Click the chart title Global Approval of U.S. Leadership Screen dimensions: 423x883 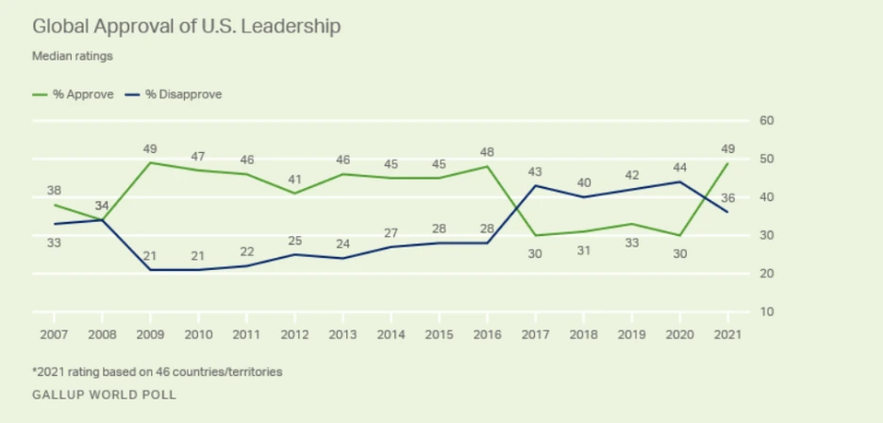pyautogui.click(x=187, y=26)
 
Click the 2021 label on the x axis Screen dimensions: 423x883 pyautogui.click(x=726, y=335)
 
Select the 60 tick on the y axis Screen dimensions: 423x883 pyautogui.click(x=767, y=121)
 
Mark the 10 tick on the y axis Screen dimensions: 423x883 pyautogui.click(x=767, y=312)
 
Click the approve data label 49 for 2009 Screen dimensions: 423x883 pyautogui.click(x=150, y=149)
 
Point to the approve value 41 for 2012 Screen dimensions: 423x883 pyautogui.click(x=295, y=178)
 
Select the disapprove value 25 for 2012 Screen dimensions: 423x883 pyautogui.click(x=295, y=240)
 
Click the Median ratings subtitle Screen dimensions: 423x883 pyautogui.click(x=73, y=56)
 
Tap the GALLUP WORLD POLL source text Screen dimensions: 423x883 pyautogui.click(x=105, y=395)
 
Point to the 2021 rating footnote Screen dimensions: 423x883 pyautogui.click(x=158, y=372)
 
